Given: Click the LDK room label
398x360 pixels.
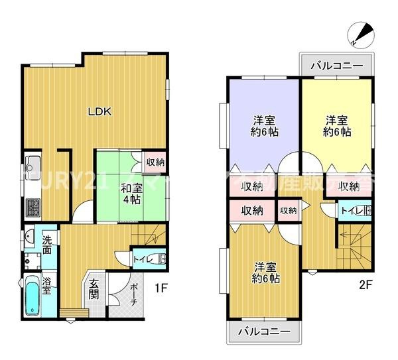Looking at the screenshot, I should tap(101, 111).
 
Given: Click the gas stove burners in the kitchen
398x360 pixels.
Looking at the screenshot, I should tap(33, 208).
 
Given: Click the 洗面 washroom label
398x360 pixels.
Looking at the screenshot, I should tap(47, 243).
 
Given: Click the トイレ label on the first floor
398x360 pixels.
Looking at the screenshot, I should tap(142, 259).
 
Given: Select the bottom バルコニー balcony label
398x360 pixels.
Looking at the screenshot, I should tap(263, 331).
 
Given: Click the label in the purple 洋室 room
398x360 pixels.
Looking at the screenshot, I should tap(265, 126).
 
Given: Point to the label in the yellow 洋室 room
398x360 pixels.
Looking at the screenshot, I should tap(337, 126).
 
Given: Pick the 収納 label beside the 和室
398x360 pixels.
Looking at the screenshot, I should tap(156, 162).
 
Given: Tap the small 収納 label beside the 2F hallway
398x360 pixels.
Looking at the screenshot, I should tap(288, 210).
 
